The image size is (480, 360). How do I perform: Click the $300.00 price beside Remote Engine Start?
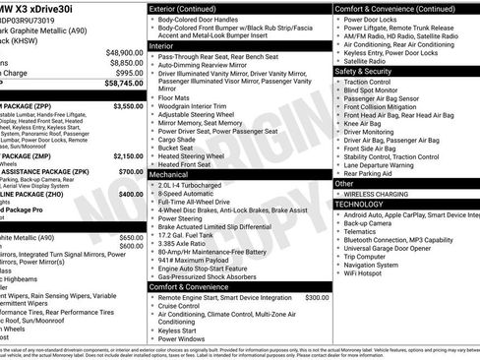(x=317, y=296)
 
